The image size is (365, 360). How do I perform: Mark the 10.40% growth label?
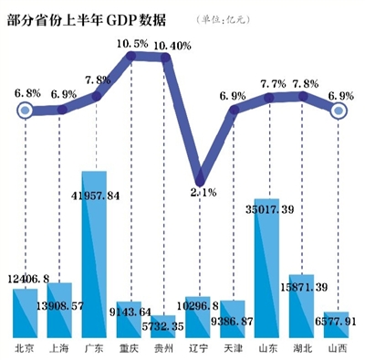pos(172,44)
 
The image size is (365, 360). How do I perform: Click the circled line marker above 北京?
pos(26,111)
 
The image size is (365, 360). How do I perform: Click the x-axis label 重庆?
pos(130,348)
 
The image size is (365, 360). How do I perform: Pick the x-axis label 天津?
pos(234,348)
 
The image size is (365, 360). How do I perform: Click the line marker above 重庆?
pos(131,57)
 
